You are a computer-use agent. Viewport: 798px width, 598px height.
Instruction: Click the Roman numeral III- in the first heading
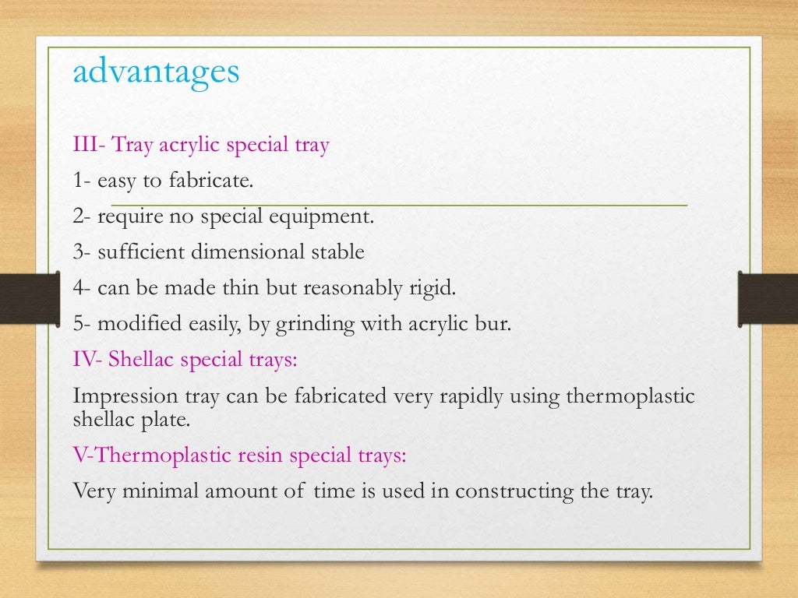pos(89,145)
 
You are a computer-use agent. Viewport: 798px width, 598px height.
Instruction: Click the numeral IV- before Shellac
pos(88,360)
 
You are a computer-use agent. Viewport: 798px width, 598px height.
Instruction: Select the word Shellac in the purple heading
pos(140,360)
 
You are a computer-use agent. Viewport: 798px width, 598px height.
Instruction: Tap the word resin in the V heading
pos(258,456)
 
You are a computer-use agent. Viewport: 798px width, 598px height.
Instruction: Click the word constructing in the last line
pos(510,492)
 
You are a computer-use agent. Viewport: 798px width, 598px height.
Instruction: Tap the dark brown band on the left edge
pos(29,297)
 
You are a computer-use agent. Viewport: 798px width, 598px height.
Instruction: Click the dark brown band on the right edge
pos(768,297)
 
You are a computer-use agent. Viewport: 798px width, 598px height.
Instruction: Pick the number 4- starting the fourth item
pos(82,288)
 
